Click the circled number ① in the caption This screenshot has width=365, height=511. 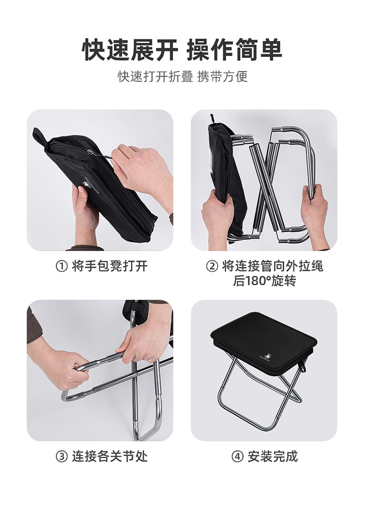click(x=62, y=266)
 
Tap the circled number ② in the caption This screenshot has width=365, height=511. click(x=212, y=266)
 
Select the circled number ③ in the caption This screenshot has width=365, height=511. click(x=62, y=456)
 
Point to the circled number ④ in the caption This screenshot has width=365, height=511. click(x=237, y=456)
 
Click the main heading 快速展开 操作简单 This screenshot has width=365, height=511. click(x=182, y=50)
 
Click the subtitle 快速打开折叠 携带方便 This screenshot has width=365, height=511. click(x=182, y=76)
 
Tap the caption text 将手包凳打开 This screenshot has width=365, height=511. click(x=110, y=266)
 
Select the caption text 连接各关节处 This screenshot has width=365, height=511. click(x=110, y=456)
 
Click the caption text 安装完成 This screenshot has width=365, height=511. click(x=273, y=456)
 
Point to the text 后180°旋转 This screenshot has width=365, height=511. click(x=264, y=281)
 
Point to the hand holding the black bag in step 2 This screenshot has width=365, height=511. click(x=218, y=219)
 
